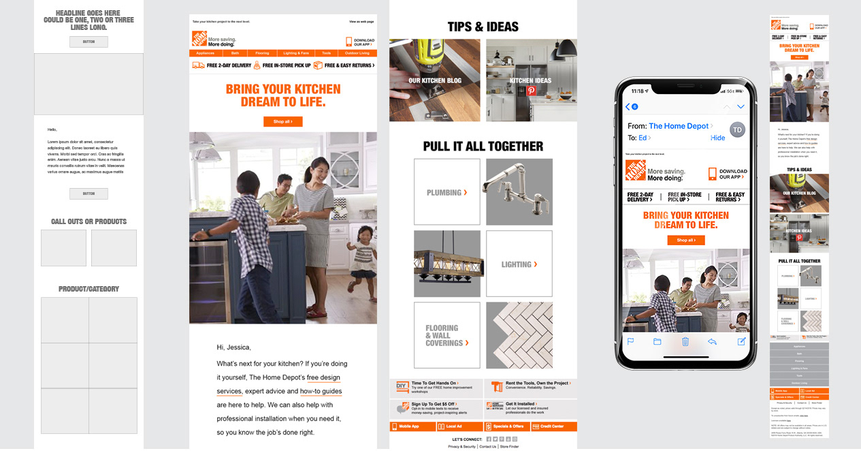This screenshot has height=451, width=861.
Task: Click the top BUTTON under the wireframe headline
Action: [x=88, y=42]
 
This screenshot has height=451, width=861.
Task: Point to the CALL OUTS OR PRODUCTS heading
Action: [x=88, y=221]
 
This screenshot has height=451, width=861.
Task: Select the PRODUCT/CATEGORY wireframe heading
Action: [x=88, y=289]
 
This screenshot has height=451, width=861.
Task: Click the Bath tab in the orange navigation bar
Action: [x=235, y=53]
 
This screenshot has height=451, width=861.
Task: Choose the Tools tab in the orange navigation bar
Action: [x=327, y=53]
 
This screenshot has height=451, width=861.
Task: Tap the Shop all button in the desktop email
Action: [x=282, y=122]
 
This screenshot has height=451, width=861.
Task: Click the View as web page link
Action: [x=361, y=22]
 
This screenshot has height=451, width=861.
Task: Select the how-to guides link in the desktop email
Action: [x=321, y=391]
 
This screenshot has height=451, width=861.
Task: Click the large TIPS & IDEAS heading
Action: [x=483, y=27]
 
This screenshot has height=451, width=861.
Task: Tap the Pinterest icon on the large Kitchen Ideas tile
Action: [x=532, y=91]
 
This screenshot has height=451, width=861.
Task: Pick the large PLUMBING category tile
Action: [x=446, y=192]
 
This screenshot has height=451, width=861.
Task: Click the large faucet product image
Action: [x=519, y=192]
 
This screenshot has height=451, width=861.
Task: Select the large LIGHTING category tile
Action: [x=519, y=264]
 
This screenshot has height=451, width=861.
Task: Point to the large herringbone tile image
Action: [x=519, y=335]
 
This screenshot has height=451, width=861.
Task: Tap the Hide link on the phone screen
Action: [x=717, y=138]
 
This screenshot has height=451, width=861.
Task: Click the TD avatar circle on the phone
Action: [x=738, y=129]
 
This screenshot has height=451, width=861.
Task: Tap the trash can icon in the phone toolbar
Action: [x=685, y=341]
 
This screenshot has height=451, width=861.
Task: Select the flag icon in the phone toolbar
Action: [x=630, y=341]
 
